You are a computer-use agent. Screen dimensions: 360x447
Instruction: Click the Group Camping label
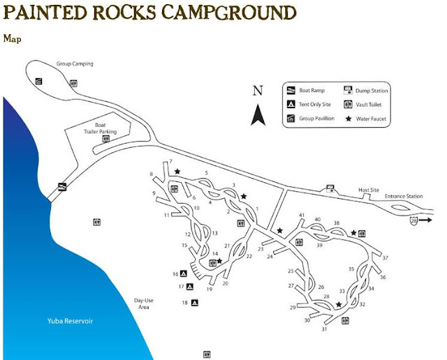75,64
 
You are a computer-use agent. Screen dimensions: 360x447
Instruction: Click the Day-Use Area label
143,304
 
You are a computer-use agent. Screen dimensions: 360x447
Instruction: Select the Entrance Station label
404,196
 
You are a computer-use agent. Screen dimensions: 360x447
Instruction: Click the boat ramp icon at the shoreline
62,186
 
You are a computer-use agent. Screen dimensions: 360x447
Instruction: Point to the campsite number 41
302,215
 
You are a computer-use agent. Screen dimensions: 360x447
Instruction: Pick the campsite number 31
324,329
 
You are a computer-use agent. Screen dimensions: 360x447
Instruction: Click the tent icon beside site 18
195,303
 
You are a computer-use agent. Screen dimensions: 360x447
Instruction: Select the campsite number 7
170,162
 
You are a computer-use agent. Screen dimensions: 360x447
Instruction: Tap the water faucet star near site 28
339,304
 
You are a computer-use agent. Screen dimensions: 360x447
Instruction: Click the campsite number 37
385,258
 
